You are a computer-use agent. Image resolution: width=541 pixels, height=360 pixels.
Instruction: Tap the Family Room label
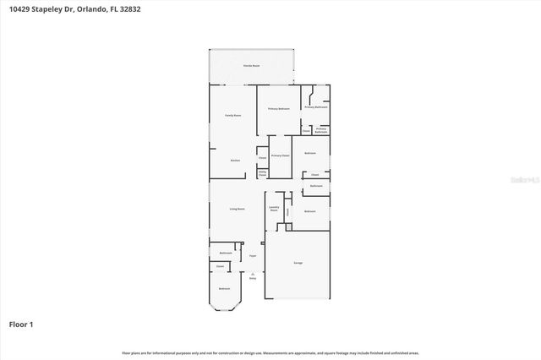[232, 115]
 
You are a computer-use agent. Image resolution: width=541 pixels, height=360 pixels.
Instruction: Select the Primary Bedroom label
[279, 109]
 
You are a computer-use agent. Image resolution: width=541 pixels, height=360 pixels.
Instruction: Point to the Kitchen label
[236, 160]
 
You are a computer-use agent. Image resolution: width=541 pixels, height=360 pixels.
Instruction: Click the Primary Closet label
[281, 155]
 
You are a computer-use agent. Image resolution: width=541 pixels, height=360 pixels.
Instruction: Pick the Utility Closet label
[262, 173]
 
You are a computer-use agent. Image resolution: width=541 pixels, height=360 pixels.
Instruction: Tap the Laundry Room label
[274, 208]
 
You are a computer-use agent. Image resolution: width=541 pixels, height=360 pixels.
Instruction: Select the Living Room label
[238, 209]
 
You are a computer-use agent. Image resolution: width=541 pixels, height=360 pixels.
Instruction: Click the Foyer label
[252, 254]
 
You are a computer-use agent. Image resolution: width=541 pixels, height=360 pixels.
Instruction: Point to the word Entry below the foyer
[252, 277]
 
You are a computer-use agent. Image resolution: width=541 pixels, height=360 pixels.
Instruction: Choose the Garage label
[298, 264]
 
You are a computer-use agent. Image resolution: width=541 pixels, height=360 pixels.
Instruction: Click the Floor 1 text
[21, 324]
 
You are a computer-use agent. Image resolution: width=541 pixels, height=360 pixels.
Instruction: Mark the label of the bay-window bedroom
[224, 289]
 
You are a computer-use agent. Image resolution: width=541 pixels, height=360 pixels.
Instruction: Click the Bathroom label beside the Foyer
[226, 253]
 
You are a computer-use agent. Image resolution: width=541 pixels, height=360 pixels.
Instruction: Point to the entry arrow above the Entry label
[252, 272]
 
